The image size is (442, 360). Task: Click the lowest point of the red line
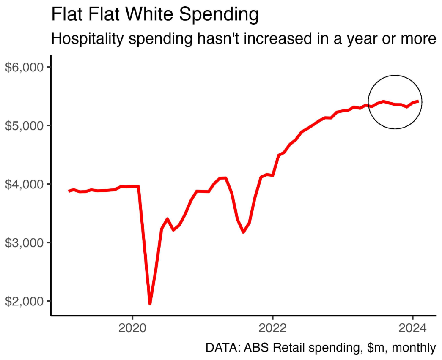[150, 303]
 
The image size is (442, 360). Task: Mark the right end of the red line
[418, 101]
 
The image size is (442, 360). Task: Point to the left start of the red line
[69, 191]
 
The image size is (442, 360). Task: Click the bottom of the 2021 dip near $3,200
[243, 232]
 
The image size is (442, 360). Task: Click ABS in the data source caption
[256, 348]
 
